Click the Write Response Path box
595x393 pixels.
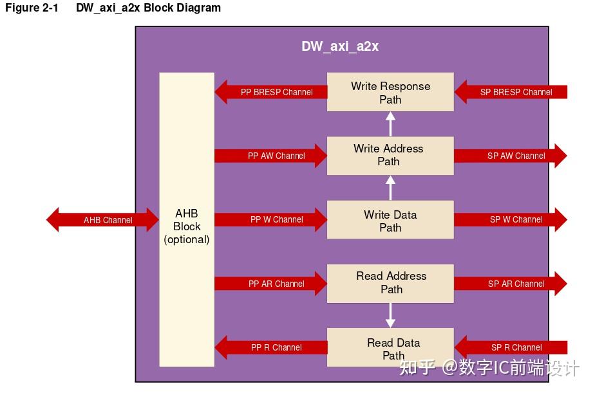390,92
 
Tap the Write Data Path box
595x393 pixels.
390,220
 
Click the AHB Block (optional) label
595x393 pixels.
187,226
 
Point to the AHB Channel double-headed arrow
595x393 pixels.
103,220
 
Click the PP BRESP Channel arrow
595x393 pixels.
270,92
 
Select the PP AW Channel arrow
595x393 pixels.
270,156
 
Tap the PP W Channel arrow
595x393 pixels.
270,219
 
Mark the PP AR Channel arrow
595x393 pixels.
270,284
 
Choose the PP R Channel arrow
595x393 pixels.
270,347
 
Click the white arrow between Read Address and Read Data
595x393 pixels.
390,315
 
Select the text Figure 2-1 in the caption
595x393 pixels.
32,8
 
